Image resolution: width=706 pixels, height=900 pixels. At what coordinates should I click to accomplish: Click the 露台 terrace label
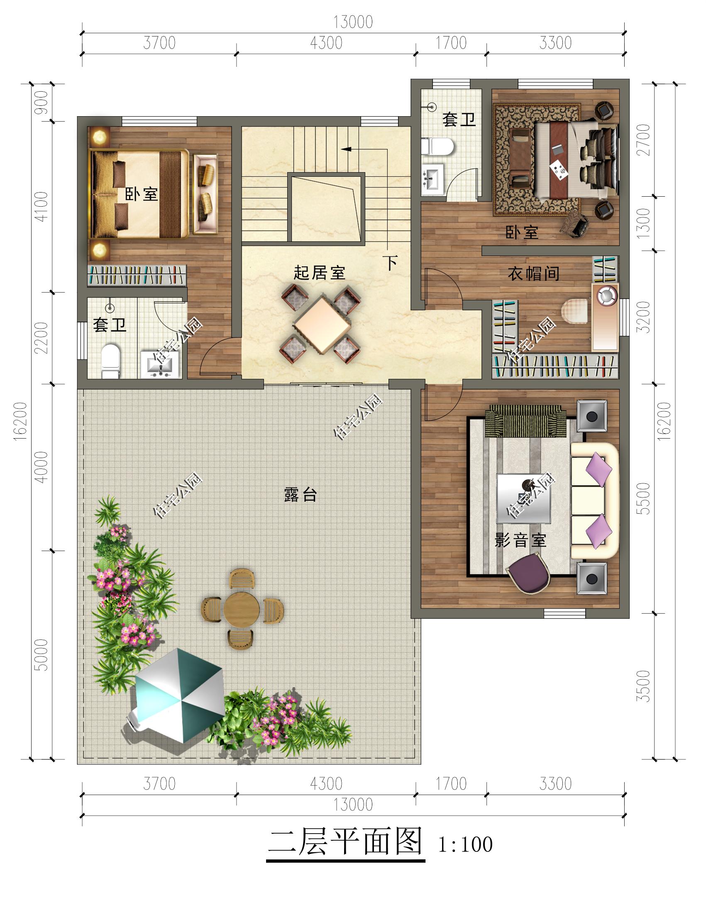(x=300, y=495)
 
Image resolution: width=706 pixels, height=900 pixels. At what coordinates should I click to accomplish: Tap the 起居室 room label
(x=319, y=273)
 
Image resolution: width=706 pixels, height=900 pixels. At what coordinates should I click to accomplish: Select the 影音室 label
(x=520, y=540)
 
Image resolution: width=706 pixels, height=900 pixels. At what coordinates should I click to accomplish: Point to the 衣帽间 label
(x=533, y=273)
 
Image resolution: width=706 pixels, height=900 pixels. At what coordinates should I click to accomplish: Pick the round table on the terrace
(x=242, y=609)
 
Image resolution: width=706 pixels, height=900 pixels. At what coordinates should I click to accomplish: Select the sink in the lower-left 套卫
(x=160, y=365)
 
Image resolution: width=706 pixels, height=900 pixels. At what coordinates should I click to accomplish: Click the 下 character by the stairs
(x=391, y=263)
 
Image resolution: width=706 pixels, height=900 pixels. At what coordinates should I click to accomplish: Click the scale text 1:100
(x=465, y=844)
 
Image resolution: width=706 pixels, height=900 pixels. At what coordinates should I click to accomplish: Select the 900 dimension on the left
(x=42, y=102)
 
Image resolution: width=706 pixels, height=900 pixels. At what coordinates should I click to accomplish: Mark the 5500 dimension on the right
(x=643, y=498)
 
